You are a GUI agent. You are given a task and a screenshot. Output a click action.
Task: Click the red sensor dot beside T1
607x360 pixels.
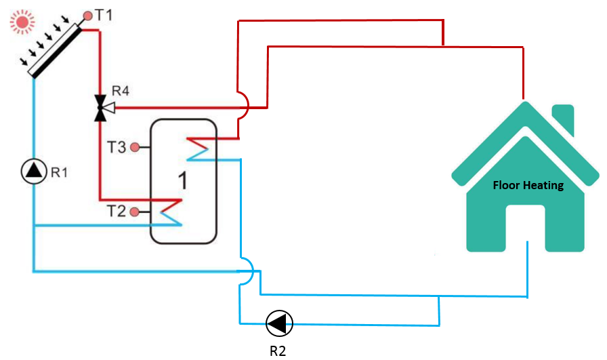[87, 14]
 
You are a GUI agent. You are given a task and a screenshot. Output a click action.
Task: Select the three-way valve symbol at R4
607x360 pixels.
[101, 107]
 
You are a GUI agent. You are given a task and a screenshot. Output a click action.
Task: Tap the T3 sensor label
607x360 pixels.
[117, 146]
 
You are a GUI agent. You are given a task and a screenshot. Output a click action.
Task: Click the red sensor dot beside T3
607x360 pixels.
[135, 146]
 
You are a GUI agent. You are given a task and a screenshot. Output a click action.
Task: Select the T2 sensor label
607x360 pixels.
[117, 212]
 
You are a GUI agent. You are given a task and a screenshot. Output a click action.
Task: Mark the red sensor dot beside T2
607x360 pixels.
[135, 212]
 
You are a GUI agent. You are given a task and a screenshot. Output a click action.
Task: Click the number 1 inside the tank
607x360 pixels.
[182, 180]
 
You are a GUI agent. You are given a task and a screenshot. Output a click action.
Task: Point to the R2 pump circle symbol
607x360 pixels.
[279, 323]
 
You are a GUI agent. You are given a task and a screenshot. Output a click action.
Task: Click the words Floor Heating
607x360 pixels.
[528, 185]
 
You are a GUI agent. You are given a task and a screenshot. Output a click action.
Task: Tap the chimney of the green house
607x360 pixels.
[563, 119]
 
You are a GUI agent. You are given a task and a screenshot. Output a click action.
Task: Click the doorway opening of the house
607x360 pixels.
[526, 227]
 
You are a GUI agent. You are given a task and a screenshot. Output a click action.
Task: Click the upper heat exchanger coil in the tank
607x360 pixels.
[201, 148]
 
